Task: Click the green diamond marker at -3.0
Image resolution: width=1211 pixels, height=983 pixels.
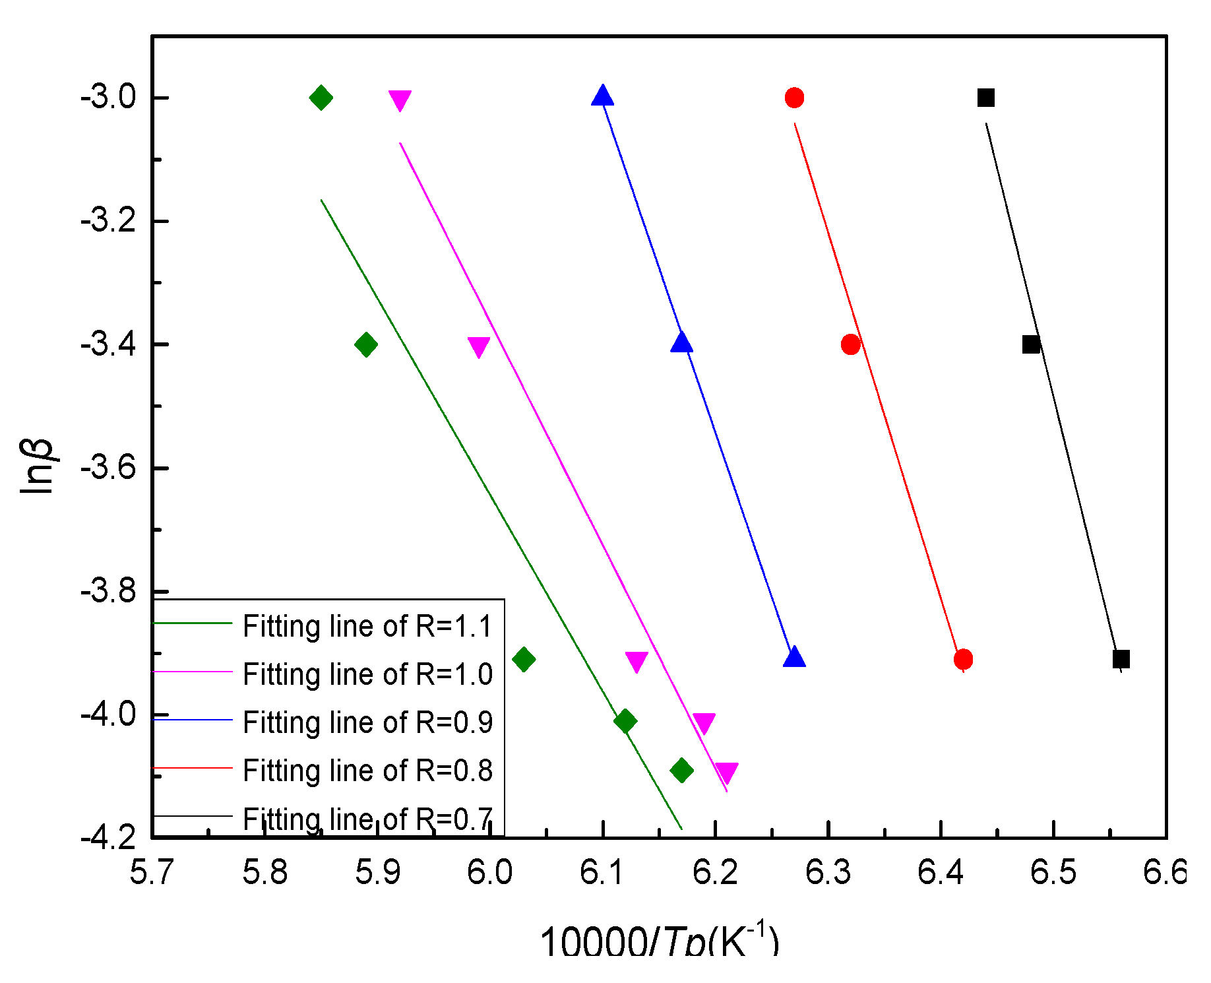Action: [321, 98]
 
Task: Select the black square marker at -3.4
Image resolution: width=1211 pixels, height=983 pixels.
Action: [1031, 344]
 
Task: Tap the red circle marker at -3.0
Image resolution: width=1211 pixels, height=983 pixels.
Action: [794, 98]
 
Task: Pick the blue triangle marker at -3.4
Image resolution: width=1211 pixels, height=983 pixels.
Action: [681, 343]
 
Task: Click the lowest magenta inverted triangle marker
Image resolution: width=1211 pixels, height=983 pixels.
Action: [726, 772]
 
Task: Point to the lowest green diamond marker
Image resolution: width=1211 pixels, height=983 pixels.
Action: [681, 770]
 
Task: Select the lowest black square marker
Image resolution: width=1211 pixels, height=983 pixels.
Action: [1121, 659]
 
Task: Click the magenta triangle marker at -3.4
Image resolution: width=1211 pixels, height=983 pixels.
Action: [479, 346]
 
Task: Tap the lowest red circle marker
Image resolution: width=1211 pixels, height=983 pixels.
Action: [963, 659]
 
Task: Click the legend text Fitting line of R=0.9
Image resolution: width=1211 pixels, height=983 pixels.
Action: [367, 722]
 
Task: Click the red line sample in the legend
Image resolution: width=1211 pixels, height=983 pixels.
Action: [193, 768]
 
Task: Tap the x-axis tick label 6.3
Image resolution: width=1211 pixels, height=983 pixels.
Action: [828, 873]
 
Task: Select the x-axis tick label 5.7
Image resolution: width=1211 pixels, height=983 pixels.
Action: [152, 873]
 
